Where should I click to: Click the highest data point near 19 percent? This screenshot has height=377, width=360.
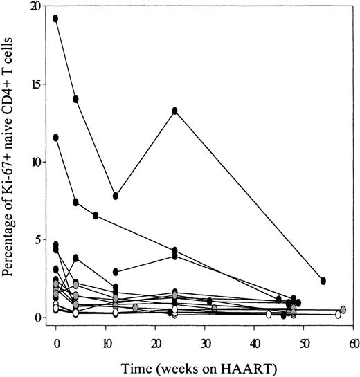56,18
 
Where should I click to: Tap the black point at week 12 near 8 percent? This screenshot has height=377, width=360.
116,196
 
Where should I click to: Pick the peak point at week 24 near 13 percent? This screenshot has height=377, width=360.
175,111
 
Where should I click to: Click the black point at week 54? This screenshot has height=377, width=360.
323,280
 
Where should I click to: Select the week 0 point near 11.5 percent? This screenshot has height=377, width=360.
56,137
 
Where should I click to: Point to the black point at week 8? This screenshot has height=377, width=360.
96,215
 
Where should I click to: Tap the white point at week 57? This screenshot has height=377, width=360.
338,314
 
